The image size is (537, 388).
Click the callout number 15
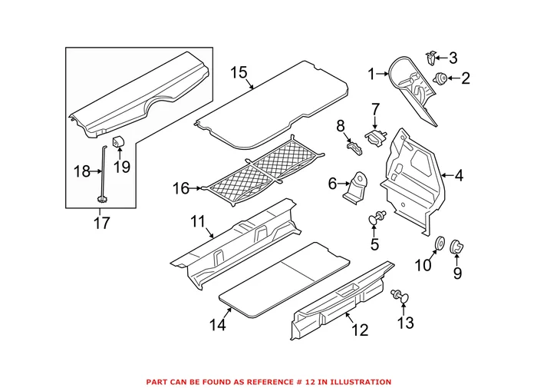pos(239,73)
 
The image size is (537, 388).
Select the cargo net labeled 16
pos(261,174)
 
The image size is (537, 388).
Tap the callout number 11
pos(198,223)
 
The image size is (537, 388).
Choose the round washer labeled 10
pos(441,244)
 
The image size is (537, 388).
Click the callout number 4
pos(459,176)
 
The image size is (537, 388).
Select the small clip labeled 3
pos(432,55)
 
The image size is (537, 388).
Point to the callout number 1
pos(372,74)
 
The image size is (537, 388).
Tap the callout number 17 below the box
pos(101,223)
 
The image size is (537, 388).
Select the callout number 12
pos(359,330)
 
